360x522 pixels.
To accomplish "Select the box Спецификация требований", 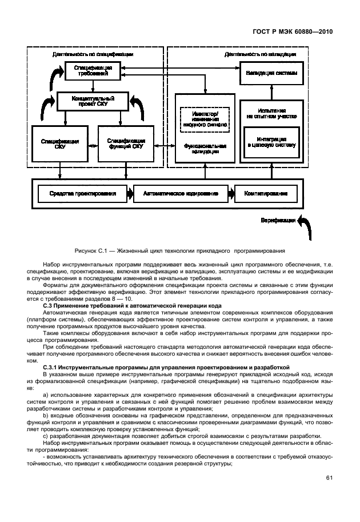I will point(92,71).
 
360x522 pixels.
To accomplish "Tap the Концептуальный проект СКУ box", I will point(91,102).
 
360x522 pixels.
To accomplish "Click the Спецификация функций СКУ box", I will point(126,143).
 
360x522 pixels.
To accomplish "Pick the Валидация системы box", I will point(271,74).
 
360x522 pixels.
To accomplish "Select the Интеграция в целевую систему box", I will point(271,142).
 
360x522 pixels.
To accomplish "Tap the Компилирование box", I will point(266,194).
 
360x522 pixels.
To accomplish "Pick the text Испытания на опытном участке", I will point(271,113).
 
